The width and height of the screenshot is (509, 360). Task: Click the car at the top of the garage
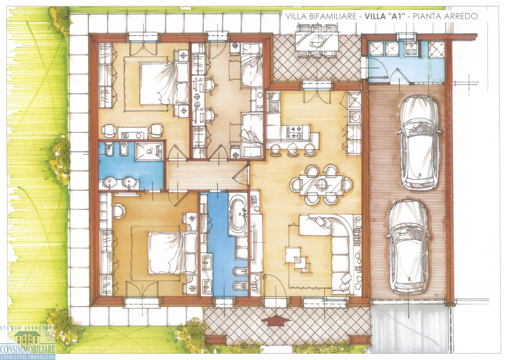420,142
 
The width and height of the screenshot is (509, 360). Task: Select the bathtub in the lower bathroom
238,214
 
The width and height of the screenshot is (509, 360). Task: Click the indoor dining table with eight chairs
320,185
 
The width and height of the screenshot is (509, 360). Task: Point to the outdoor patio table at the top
317,42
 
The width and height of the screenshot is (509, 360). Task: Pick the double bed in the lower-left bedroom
172,253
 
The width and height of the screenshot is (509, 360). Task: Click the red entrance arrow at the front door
276,320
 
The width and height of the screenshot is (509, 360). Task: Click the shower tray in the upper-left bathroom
148,151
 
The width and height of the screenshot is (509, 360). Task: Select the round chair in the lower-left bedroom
119,210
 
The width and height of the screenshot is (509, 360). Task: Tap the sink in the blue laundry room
411,50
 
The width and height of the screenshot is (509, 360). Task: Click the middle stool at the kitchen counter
293,149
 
